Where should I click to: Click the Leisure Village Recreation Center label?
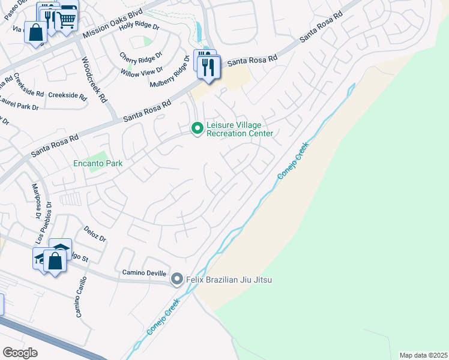pos(240,129)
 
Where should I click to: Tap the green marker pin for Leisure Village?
pos(196,129)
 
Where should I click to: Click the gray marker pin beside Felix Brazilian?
pos(177,279)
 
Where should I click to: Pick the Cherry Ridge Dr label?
pos(141,58)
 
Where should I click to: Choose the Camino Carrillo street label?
pos(80,297)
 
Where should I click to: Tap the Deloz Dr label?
pos(95,234)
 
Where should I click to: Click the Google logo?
pos(20,353)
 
